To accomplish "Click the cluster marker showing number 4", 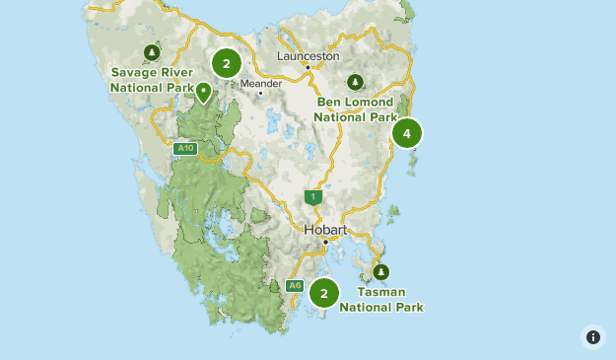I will point(406,133).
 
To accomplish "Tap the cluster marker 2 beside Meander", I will point(227,64).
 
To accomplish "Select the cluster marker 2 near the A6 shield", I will point(324,293).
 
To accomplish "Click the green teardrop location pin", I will point(204,92).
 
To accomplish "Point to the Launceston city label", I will point(308,56).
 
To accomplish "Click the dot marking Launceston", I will point(308,67).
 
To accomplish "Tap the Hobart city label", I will point(325,230).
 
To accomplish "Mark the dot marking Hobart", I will point(325,241).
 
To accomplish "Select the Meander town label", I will point(261,84).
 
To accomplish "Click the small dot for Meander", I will point(260,94).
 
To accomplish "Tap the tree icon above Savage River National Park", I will point(151,52).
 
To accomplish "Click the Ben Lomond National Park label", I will point(355,109).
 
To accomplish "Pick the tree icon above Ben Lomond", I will point(355,82).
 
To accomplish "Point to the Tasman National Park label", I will point(381,300).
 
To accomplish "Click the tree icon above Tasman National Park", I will point(380,272).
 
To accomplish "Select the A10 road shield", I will point(184,149).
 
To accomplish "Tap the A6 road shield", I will point(295,286).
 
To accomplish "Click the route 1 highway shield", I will point(313,197).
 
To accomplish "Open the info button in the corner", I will point(592,336).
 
